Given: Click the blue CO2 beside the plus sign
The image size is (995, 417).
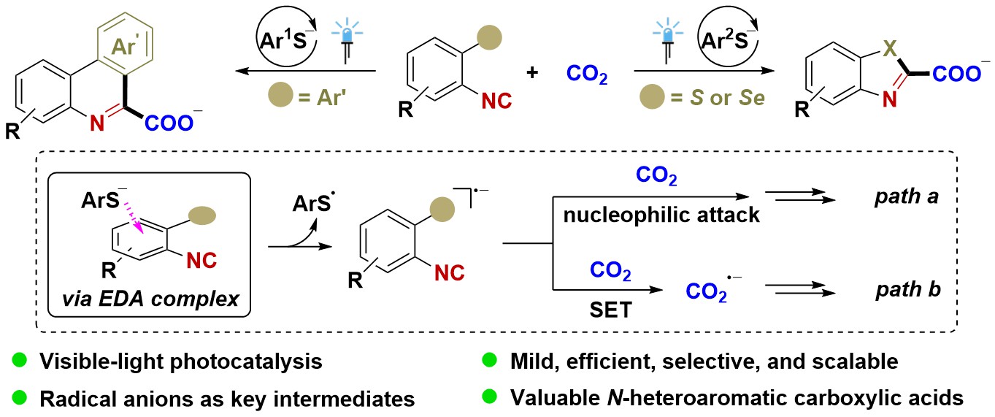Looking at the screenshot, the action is (x=587, y=74).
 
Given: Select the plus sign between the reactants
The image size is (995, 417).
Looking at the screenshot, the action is (x=532, y=72).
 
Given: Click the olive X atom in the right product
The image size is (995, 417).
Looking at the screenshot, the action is (x=890, y=49).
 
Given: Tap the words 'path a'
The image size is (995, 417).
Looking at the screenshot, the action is (x=906, y=196).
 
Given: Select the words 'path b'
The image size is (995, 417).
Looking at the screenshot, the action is (x=908, y=289).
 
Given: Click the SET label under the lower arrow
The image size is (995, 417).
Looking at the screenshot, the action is (x=610, y=310).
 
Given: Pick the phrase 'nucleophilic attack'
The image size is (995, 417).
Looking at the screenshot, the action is (x=661, y=215).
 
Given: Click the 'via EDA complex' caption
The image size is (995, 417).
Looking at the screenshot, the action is (x=150, y=299).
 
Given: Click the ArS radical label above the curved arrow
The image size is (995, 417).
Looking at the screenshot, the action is (x=313, y=203).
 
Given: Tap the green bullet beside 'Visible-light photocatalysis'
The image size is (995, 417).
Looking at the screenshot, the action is (x=20, y=359).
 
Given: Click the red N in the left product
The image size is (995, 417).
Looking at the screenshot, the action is (x=97, y=123).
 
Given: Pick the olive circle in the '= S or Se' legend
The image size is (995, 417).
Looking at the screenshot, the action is (x=652, y=97).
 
